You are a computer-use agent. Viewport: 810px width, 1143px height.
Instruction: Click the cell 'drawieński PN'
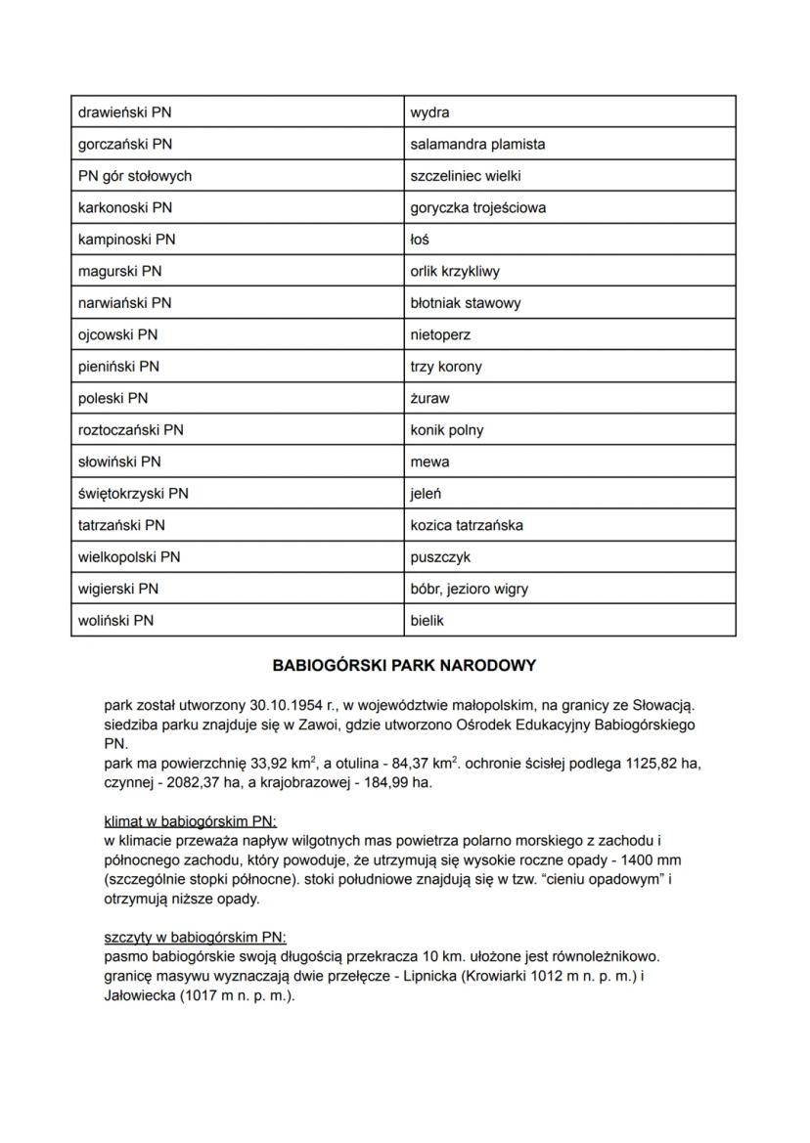coord(238,112)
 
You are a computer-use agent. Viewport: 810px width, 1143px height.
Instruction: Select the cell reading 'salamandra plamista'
coord(569,145)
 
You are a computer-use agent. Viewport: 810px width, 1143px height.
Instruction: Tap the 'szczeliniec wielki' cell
coord(569,176)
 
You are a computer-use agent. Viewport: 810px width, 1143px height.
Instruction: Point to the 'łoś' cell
coord(569,240)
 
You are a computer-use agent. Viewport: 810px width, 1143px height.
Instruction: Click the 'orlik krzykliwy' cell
coord(569,272)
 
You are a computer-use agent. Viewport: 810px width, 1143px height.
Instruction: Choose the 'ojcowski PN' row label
coord(238,335)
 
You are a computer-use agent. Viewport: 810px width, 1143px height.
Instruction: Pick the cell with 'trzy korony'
coord(569,367)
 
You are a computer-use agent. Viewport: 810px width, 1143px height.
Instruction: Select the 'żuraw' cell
coord(569,399)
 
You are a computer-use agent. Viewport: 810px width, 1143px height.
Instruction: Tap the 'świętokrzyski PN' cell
coord(238,494)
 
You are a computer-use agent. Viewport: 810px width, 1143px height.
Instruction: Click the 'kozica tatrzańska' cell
coord(569,525)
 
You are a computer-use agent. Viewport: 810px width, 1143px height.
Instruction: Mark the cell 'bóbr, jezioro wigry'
coord(569,589)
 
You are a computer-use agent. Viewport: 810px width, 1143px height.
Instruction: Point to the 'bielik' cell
coord(569,621)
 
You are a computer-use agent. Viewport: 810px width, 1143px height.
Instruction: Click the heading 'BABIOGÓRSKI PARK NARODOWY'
coord(404,666)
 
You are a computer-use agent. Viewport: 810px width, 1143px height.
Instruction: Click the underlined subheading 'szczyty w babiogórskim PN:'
coord(195,936)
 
